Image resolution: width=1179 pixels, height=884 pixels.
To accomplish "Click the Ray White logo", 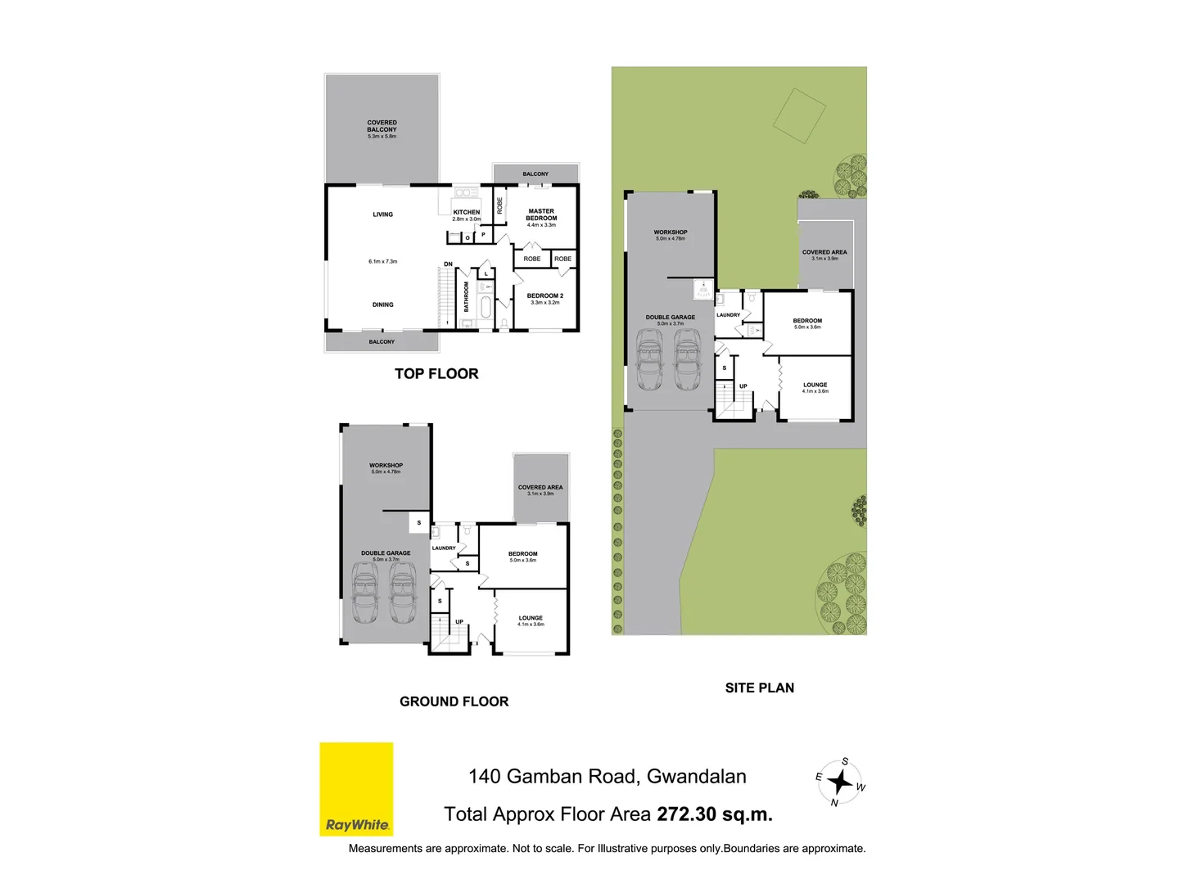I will click(356, 789).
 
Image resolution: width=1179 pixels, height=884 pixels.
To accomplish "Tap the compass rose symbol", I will click(840, 783).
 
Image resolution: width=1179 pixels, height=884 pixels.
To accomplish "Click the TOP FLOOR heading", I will click(436, 374).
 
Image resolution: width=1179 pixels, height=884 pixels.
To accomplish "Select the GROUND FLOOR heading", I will click(454, 701).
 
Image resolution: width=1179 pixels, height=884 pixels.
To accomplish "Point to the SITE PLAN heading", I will click(759, 688).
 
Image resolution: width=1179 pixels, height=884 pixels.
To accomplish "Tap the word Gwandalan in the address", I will click(696, 777).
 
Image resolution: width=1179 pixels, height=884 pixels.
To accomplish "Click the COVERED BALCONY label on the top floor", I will click(382, 126).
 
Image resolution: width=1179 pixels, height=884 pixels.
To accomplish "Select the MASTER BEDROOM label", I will click(541, 214).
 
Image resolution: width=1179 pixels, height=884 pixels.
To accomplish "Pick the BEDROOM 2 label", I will click(544, 296).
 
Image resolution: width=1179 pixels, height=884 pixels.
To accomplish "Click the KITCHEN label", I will click(467, 212).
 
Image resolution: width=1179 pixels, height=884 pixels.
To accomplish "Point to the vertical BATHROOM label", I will click(467, 296).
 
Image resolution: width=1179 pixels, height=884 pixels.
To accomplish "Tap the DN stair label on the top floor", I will click(448, 264).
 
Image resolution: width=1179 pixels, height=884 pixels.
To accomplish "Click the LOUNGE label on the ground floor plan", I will click(531, 618).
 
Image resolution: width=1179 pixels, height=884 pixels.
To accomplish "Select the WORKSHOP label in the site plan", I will click(671, 232).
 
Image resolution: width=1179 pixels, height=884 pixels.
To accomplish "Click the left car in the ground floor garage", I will click(365, 597).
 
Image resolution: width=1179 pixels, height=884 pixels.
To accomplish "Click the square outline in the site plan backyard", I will click(799, 115).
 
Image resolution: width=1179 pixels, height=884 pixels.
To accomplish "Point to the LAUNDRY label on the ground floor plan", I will click(444, 548).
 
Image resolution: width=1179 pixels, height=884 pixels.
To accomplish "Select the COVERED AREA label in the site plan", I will click(824, 252).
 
